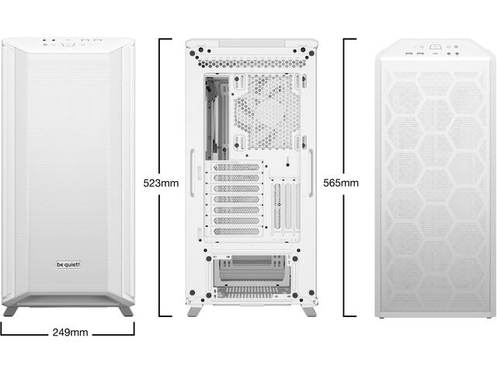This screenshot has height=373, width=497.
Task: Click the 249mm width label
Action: (70, 333)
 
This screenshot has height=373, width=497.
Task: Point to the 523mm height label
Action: (161, 183)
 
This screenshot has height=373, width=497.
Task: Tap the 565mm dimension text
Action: (341, 183)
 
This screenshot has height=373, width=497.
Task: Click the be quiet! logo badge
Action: (68, 264)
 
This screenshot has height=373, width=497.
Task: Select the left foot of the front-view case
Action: (10, 311)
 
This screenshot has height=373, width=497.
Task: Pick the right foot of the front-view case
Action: (126, 311)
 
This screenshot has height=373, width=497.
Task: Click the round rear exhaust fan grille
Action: (268, 113)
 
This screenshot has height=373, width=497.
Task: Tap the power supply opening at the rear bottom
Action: (252, 276)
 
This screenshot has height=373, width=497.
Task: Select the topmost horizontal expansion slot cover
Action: (236, 167)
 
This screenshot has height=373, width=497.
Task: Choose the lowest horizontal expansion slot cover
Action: (236, 232)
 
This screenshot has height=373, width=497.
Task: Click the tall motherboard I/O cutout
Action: (217, 117)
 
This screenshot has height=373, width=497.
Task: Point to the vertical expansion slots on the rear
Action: (286, 206)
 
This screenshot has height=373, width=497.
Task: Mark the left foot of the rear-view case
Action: (194, 311)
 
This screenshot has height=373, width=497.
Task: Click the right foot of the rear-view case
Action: (309, 311)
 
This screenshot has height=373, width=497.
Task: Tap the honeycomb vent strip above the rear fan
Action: (252, 64)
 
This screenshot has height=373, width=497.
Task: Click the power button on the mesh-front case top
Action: (434, 47)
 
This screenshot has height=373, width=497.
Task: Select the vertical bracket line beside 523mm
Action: (160, 178)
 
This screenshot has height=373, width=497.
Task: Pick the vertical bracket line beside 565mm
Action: (344, 178)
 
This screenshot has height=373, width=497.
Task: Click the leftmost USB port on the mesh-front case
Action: (409, 54)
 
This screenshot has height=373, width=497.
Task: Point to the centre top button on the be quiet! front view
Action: (68, 44)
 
